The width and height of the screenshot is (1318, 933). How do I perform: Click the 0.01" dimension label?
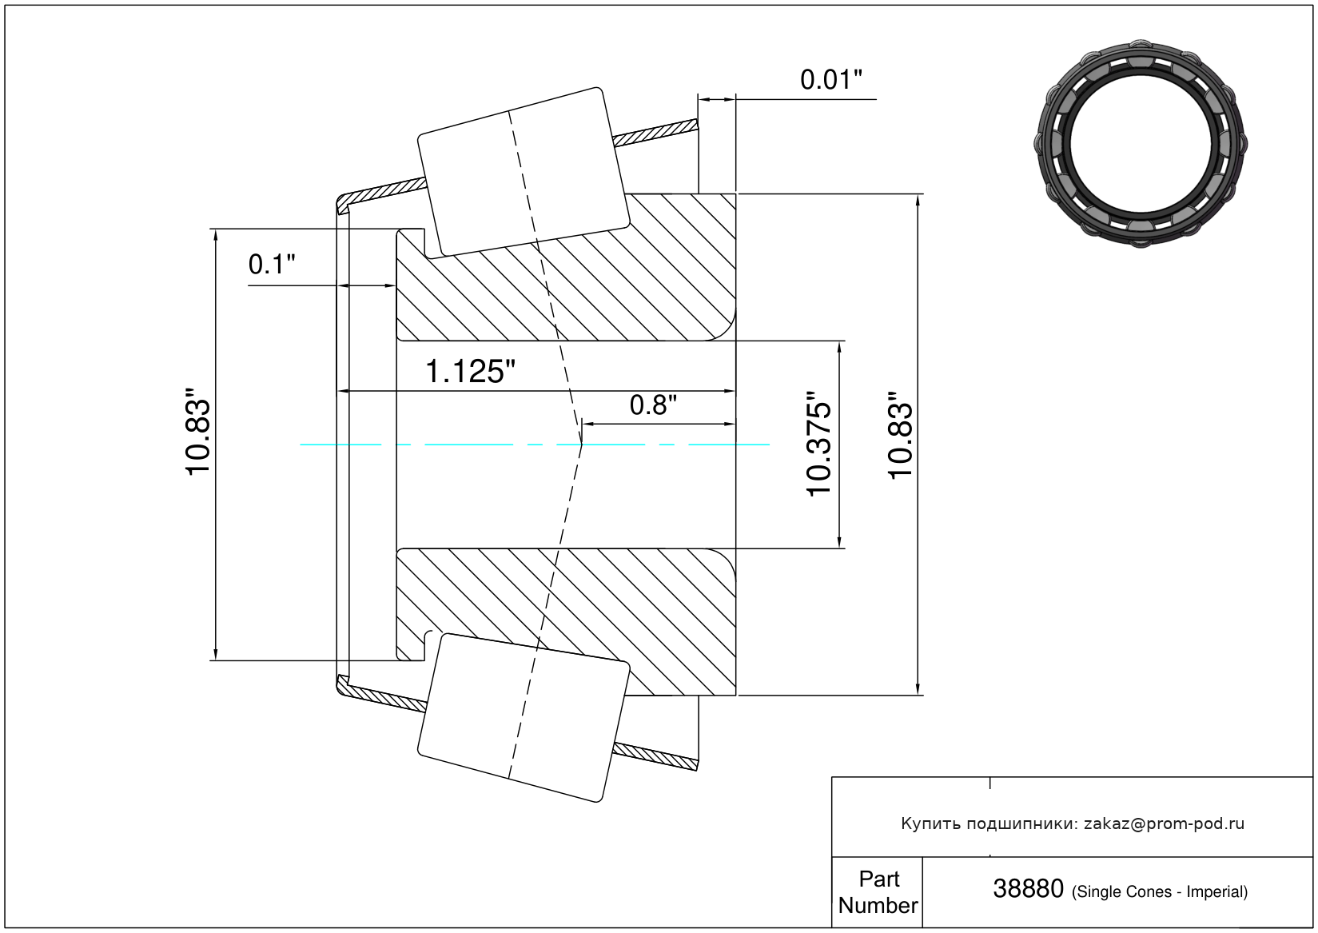click(x=830, y=79)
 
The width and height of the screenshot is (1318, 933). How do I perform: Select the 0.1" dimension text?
click(x=271, y=265)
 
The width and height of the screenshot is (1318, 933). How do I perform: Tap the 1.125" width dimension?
click(x=469, y=371)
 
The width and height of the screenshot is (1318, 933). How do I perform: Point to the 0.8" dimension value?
click(x=653, y=405)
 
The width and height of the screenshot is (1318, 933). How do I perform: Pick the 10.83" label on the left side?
click(x=197, y=432)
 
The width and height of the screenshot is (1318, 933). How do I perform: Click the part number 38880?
click(x=1028, y=889)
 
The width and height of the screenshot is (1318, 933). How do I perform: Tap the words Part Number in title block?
click(x=878, y=892)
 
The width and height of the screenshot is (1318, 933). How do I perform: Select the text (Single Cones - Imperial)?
click(x=1159, y=891)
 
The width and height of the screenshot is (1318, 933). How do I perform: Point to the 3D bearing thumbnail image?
click(x=1141, y=144)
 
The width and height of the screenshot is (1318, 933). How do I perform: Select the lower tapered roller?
click(x=524, y=718)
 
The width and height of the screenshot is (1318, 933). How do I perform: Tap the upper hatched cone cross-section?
click(x=566, y=267)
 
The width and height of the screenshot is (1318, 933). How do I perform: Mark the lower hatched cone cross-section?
click(x=566, y=622)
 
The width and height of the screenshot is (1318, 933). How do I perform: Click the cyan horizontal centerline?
click(x=535, y=445)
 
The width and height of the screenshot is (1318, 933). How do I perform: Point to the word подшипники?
click(x=1022, y=824)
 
